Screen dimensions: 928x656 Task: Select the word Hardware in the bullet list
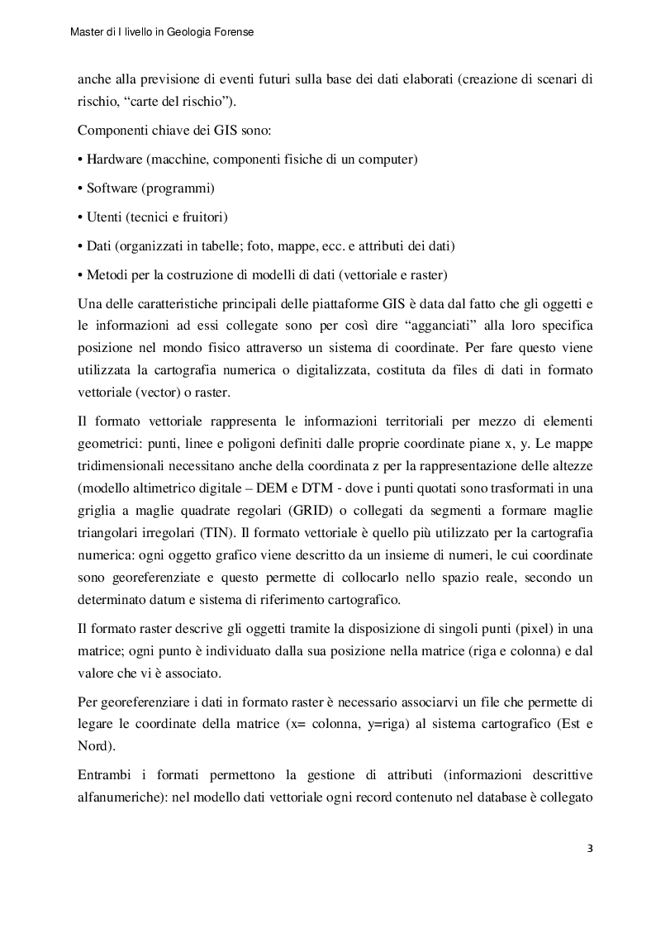[x=114, y=159]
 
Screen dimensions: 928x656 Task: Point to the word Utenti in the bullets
[x=106, y=217]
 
